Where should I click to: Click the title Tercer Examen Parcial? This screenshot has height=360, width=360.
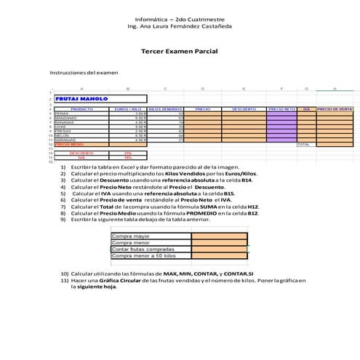(180, 52)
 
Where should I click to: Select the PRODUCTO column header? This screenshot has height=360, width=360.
(81, 109)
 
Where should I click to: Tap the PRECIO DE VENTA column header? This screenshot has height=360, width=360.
(335, 109)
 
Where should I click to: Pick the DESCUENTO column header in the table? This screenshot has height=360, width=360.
(244, 109)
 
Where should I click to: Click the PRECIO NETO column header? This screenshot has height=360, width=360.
(281, 109)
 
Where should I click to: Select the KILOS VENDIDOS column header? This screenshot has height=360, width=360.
(166, 109)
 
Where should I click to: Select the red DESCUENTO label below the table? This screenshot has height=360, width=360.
(81, 153)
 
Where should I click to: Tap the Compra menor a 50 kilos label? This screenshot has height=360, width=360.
(144, 255)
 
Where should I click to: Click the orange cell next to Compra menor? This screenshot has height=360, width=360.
(219, 242)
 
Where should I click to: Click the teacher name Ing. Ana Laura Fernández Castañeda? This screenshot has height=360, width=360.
(180, 25)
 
